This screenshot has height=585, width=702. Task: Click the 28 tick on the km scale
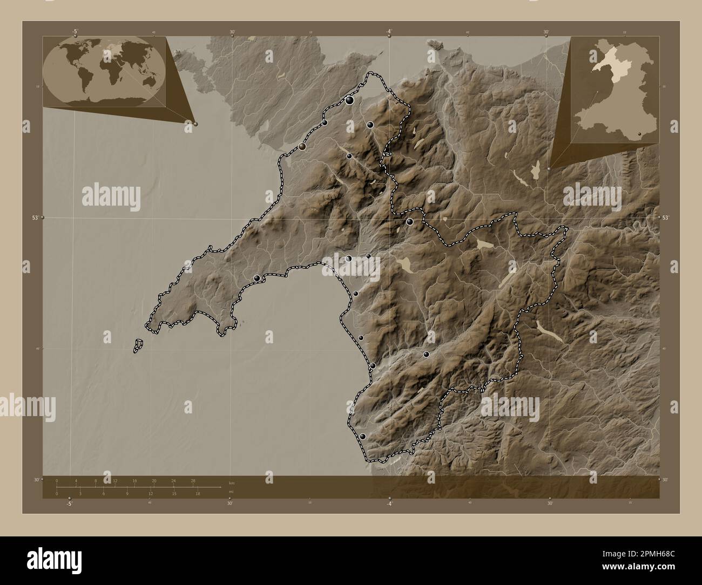pos(193,480)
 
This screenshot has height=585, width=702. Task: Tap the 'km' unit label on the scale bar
pos(232,483)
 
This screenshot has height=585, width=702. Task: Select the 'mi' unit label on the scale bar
pos(231,492)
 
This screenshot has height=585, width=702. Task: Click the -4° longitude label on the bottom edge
pos(389,504)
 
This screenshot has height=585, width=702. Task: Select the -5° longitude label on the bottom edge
pos(69,504)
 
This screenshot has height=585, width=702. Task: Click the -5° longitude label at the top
pos(74,31)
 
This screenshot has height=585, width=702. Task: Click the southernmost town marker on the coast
pos(363,436)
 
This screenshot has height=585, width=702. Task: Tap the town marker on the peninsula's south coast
pos(258,278)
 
